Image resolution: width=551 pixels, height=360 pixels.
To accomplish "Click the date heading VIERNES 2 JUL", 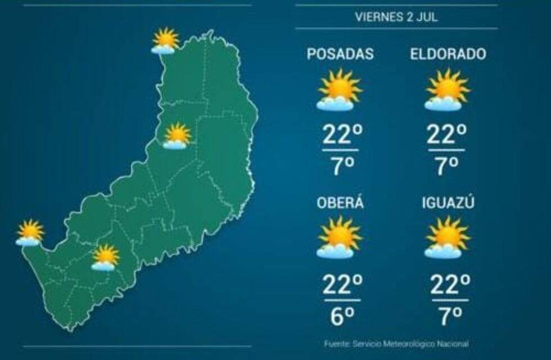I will [396, 17].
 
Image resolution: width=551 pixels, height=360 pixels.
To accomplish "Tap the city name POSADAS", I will [340, 55].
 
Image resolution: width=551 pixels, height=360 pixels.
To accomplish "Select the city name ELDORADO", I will [448, 55].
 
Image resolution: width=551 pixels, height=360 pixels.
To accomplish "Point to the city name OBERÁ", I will [340, 202].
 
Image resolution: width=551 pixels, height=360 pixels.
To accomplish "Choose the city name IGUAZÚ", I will [448, 202].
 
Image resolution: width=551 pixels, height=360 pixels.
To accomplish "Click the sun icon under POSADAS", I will [339, 89].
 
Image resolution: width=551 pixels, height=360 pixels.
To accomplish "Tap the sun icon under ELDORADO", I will [447, 89].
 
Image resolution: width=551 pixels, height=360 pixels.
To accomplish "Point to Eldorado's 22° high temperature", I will [447, 135].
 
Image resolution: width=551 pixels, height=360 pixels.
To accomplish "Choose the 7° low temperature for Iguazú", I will [449, 316].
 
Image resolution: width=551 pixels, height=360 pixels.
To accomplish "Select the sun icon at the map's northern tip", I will [165, 40].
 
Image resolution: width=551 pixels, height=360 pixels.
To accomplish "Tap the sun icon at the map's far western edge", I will [30, 232].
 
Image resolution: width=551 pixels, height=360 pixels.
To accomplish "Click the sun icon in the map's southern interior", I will [105, 258].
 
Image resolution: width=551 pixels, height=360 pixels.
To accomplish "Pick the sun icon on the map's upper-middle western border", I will [177, 136].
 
